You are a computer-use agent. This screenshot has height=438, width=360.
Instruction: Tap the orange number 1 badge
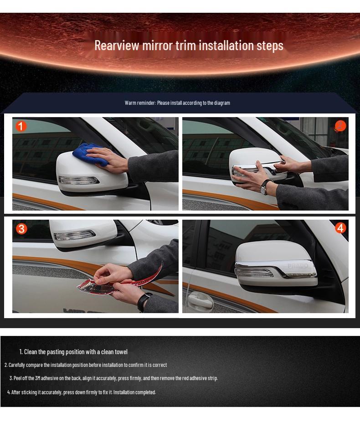click(x=21, y=126)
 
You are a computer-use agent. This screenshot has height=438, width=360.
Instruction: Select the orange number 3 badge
click(x=21, y=228)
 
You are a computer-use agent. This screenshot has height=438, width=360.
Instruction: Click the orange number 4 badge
click(x=340, y=228)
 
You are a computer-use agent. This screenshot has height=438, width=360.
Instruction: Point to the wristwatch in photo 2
click(x=266, y=186)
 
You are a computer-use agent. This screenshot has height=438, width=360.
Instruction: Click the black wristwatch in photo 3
click(x=143, y=301)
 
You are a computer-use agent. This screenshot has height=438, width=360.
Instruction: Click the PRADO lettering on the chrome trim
click(x=298, y=266)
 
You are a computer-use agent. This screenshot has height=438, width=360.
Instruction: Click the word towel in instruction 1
click(x=120, y=352)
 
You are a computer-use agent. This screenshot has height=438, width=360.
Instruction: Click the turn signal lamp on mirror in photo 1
click(x=78, y=180)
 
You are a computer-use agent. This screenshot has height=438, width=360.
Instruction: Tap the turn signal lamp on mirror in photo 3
click(x=74, y=236)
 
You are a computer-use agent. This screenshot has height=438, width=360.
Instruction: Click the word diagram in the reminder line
click(x=222, y=103)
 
